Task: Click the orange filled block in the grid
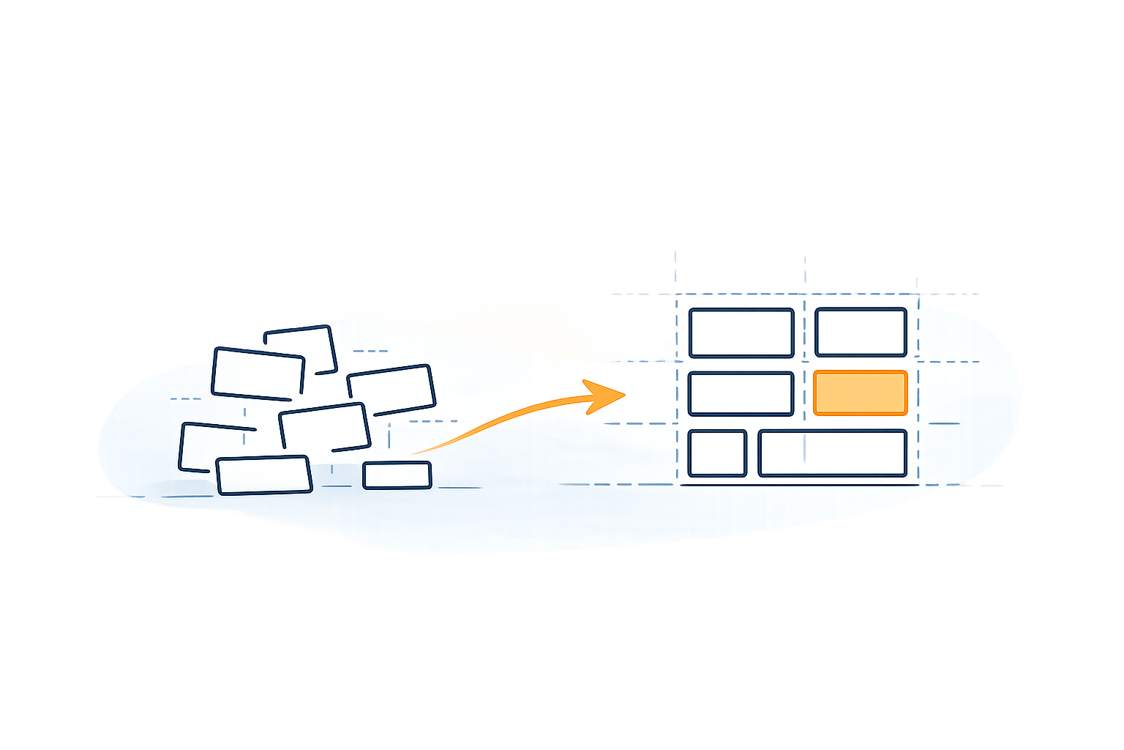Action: [860, 393]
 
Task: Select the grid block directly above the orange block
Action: [861, 333]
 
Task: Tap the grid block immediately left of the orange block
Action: [741, 394]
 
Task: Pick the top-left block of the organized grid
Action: [741, 333]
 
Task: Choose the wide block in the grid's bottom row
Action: [832, 453]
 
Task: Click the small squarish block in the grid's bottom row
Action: [717, 453]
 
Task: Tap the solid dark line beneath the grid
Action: [798, 485]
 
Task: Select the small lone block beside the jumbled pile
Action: [397, 475]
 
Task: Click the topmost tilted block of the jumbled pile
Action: [300, 348]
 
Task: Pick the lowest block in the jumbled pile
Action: [264, 475]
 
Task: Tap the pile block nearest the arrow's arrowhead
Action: [391, 390]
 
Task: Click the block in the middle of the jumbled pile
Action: [324, 426]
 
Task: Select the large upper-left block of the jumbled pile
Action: [258, 374]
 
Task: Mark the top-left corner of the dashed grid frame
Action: [676, 295]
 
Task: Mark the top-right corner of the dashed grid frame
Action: [918, 295]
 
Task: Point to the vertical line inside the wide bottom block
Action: [805, 448]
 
